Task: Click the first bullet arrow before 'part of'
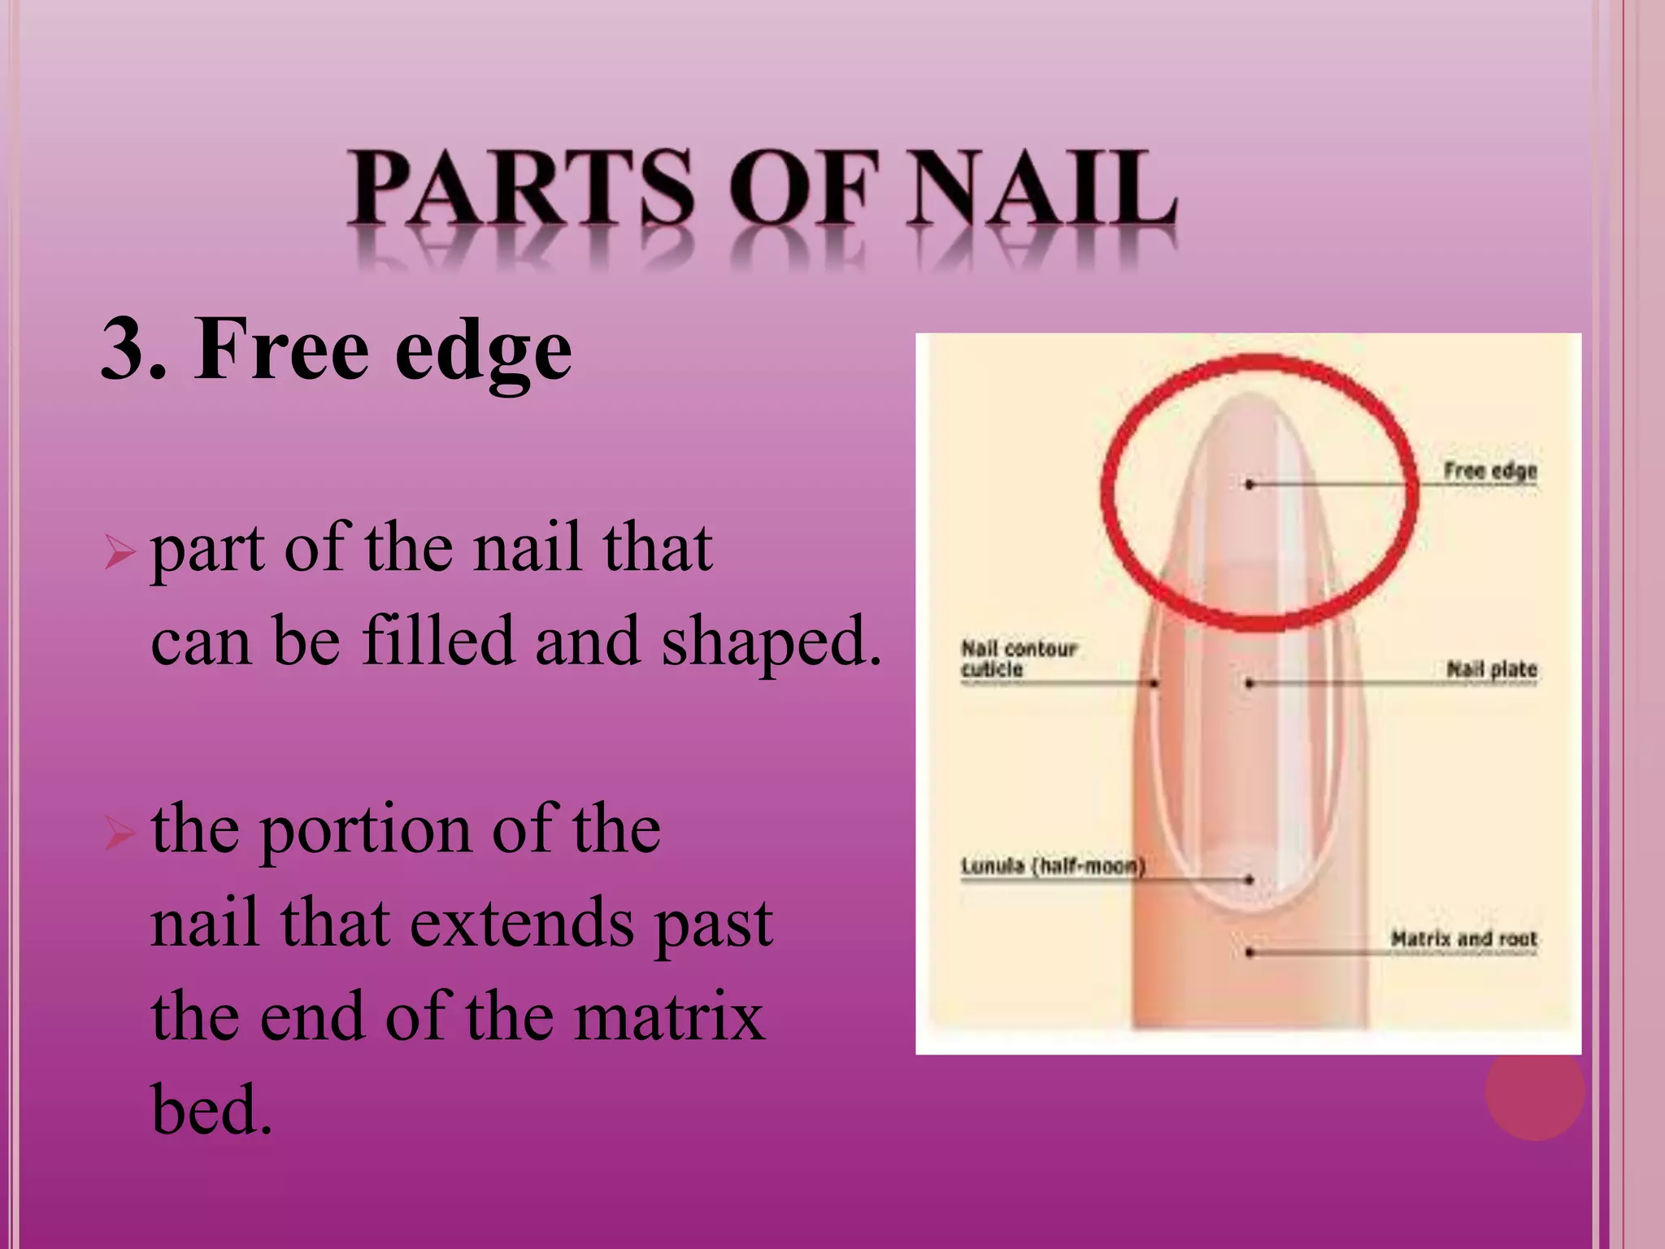119,554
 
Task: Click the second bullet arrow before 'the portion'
119,834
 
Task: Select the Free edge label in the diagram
1489,471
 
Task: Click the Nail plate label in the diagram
1491,669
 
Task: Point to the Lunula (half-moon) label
1052,866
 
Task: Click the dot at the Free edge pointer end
1250,485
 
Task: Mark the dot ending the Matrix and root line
1250,952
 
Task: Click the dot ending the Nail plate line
1250,684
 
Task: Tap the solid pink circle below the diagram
1534,1090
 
